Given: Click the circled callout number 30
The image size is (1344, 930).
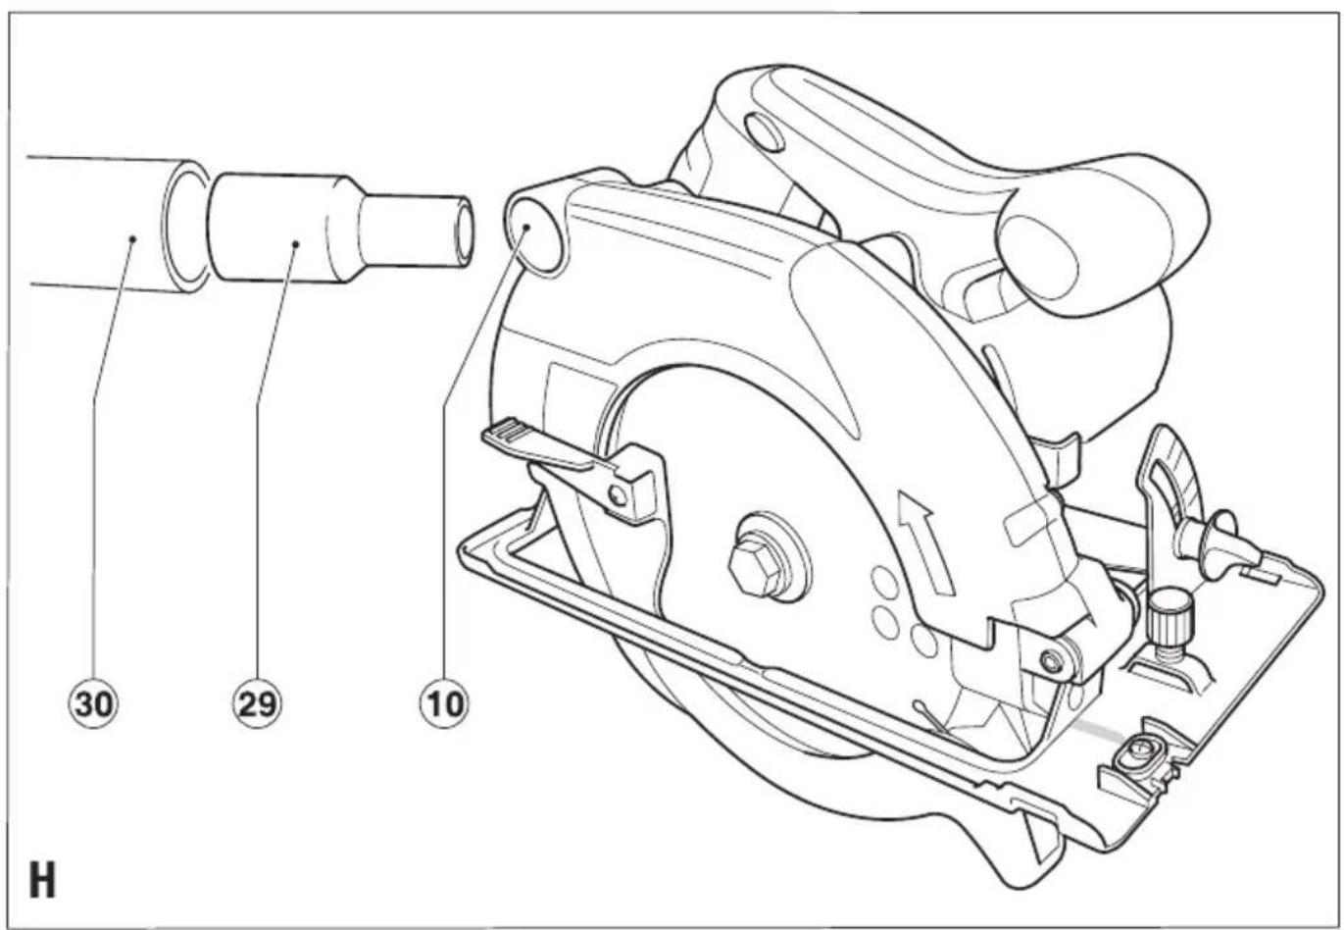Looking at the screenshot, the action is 93,704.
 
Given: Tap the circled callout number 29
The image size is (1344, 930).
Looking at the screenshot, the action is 258,704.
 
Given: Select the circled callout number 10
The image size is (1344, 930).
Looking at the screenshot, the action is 445,704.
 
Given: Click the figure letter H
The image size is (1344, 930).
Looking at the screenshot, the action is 42,880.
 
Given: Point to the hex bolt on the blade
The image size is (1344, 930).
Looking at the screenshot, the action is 755,567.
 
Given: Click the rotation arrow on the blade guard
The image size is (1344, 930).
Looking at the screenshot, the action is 924,542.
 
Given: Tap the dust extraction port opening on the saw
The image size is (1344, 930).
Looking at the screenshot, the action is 535,236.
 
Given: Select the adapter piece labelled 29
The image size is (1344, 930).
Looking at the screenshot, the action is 340,229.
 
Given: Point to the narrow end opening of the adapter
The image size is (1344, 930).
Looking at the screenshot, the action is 464,232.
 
